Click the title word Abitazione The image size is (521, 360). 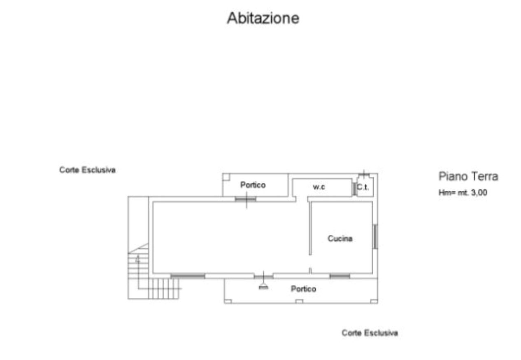coord(263,18)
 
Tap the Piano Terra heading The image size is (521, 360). coord(468,176)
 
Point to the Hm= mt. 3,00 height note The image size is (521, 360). coord(463,193)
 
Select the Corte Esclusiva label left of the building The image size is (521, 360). coord(88,170)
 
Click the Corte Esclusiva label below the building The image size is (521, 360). coord(370,333)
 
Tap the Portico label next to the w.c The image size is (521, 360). coord(253,185)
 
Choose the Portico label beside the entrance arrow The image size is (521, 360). coord(304,289)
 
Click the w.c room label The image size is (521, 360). coord(319,187)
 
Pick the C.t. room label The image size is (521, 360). coord(363,187)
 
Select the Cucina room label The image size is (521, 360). coord(340,238)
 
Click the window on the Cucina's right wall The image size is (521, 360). coord(375,236)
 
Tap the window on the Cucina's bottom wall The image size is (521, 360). coord(340,276)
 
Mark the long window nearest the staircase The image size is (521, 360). coord(188,276)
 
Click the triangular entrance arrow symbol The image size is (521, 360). coord(263,287)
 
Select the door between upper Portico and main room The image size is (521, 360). coord(246,199)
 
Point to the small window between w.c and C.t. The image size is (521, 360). coord(354,189)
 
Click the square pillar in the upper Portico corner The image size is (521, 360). coord(226,177)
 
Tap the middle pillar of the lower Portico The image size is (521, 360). coord(299,302)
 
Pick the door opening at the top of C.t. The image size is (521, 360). coord(364,174)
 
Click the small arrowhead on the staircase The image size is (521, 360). coord(138,259)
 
